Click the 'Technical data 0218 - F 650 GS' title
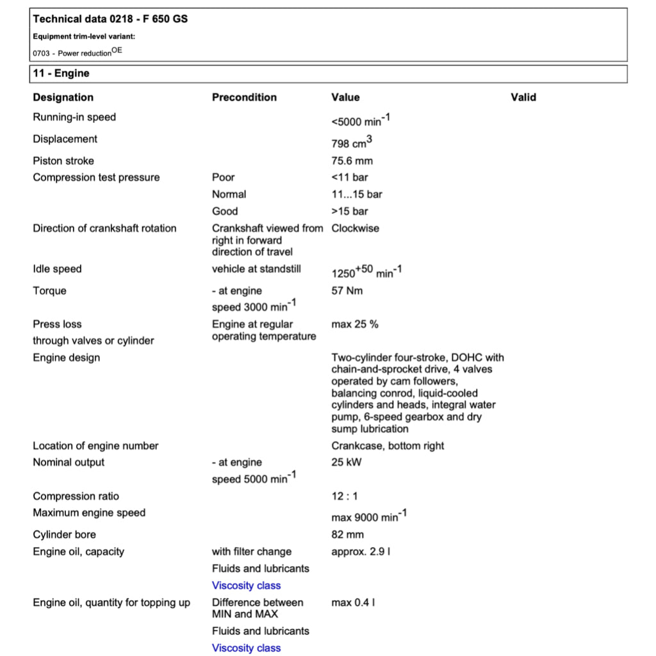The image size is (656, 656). tap(110, 19)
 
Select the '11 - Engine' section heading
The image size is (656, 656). tap(61, 74)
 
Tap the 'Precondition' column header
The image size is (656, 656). tap(244, 97)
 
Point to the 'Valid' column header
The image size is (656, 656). tap(523, 97)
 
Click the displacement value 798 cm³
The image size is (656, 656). tap(352, 142)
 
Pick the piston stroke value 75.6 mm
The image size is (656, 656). tap(352, 161)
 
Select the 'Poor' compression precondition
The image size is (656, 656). tap(223, 177)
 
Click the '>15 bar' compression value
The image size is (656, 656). tap(350, 211)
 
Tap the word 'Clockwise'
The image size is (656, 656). tap(355, 228)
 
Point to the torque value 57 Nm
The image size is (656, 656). tap(347, 291)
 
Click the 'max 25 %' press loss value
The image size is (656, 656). tap(354, 324)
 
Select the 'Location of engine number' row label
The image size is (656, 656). tap(95, 446)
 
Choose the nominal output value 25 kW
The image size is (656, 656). tap(346, 463)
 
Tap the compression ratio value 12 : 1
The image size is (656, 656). tap(345, 496)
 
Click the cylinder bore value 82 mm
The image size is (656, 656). tap(347, 534)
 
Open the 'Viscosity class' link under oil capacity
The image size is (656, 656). tap(246, 586)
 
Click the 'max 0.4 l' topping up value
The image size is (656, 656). tap(353, 603)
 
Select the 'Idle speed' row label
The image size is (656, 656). tap(57, 269)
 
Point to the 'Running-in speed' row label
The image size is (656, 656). tap(74, 117)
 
